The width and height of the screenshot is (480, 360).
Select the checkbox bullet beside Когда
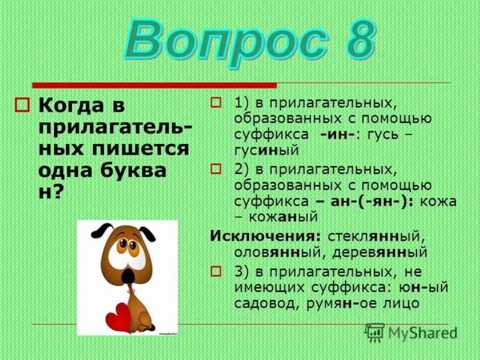23,105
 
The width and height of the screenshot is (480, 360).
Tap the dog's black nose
128,274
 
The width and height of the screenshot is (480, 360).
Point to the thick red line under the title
154,85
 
